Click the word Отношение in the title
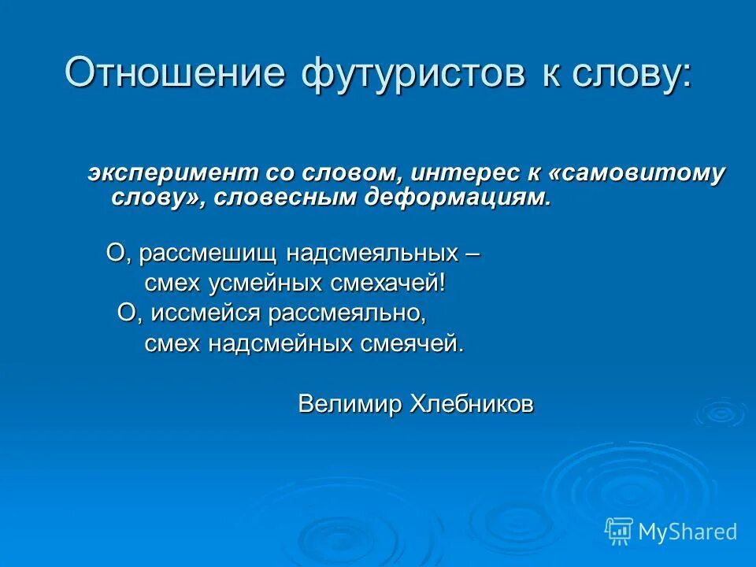coord(174,73)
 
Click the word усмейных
coord(253,283)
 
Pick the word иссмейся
coord(206,313)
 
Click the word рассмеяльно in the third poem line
coord(346,313)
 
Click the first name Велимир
coord(350,405)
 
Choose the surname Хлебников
coord(472,405)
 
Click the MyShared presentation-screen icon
coord(619,532)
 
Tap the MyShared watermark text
coord(687,532)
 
